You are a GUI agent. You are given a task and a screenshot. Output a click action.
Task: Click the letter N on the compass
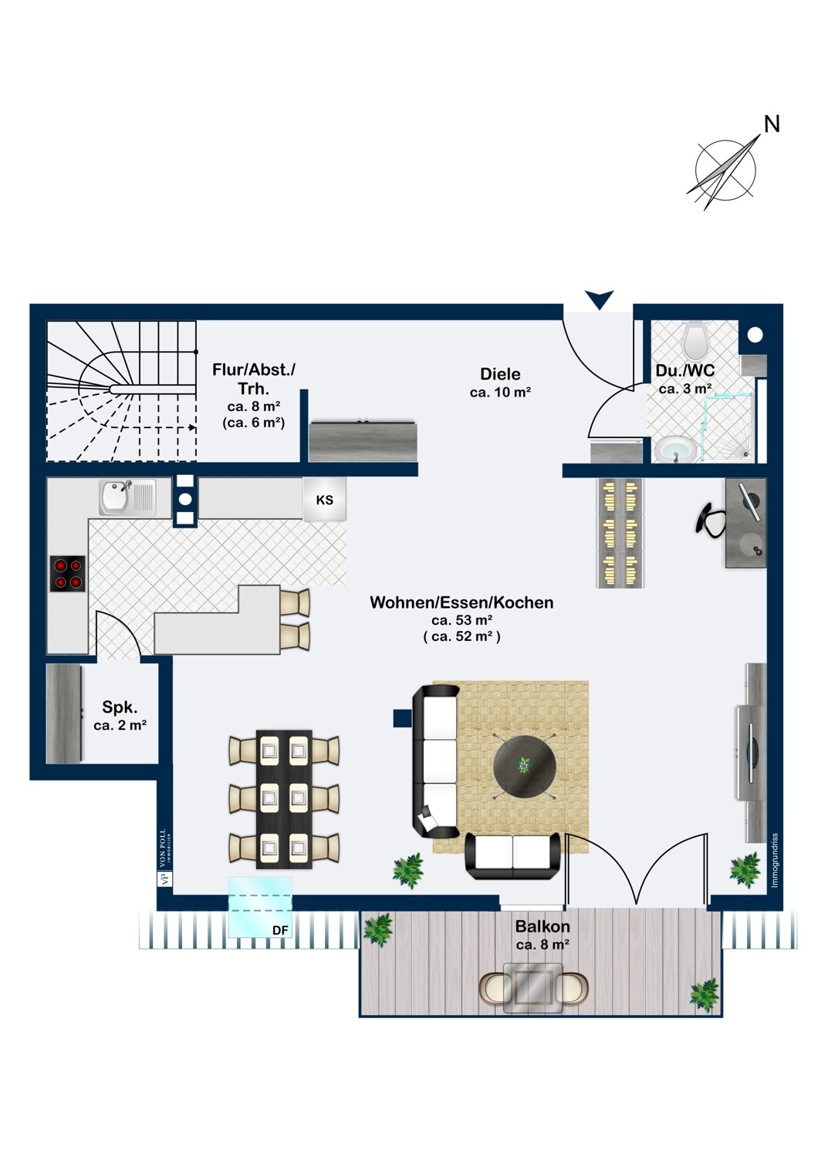pyautogui.click(x=771, y=123)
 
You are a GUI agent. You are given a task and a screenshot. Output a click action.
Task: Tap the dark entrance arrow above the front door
pyautogui.click(x=599, y=299)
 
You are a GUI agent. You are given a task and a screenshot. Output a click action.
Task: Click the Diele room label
pyautogui.click(x=500, y=374)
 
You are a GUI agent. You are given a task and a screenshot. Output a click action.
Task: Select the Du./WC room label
pyautogui.click(x=685, y=371)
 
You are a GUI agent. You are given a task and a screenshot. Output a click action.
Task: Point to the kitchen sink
pyautogui.click(x=116, y=498)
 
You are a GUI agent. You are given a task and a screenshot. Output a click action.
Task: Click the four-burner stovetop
pyautogui.click(x=68, y=574)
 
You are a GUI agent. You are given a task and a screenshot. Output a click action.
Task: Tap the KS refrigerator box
pyautogui.click(x=324, y=500)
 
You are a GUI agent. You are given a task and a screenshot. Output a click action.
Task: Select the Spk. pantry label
pyautogui.click(x=120, y=707)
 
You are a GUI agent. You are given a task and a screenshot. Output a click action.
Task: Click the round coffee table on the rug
pyautogui.click(x=525, y=766)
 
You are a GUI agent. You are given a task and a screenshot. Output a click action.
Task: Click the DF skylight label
pyautogui.click(x=280, y=931)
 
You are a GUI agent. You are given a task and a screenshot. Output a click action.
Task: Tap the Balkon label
pyautogui.click(x=543, y=926)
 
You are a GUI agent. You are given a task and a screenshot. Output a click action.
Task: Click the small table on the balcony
pyautogui.click(x=533, y=987)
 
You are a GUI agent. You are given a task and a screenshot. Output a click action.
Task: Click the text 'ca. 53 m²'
pyautogui.click(x=461, y=620)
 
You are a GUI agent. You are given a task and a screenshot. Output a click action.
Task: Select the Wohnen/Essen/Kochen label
pyautogui.click(x=461, y=602)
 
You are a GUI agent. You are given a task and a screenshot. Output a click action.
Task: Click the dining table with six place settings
pyautogui.click(x=284, y=799)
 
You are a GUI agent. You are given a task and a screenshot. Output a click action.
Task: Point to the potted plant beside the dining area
pyautogui.click(x=408, y=870)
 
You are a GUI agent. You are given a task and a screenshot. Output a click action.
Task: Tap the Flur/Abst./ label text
pyautogui.click(x=253, y=369)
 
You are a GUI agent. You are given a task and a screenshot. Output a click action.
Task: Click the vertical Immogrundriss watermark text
pyautogui.click(x=775, y=859)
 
